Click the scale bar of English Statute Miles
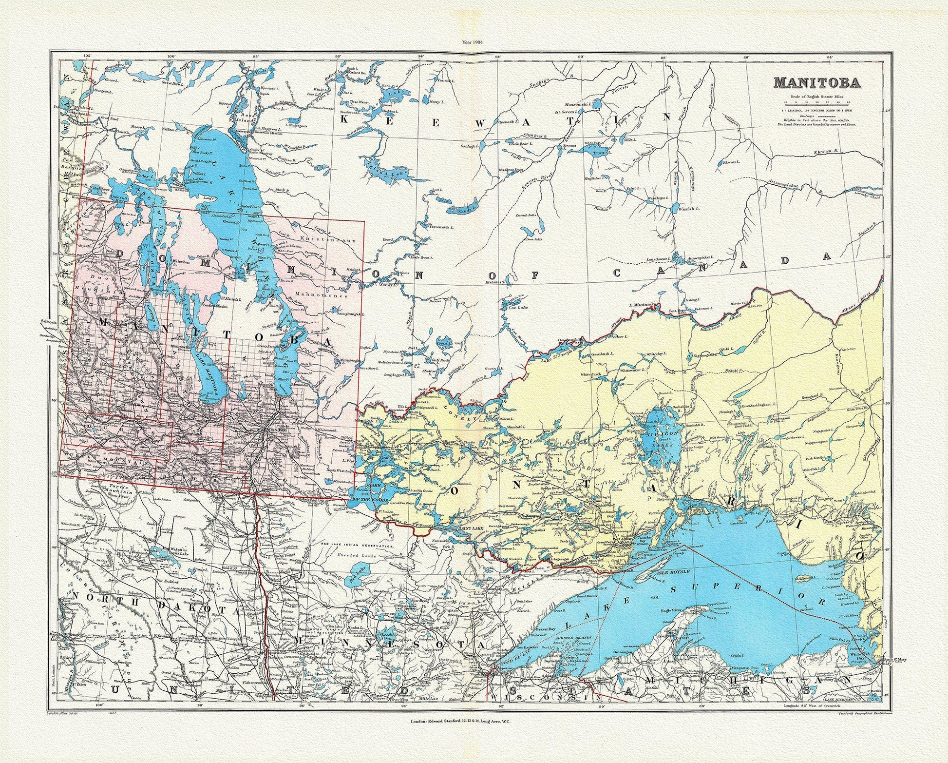pos(816,103)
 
